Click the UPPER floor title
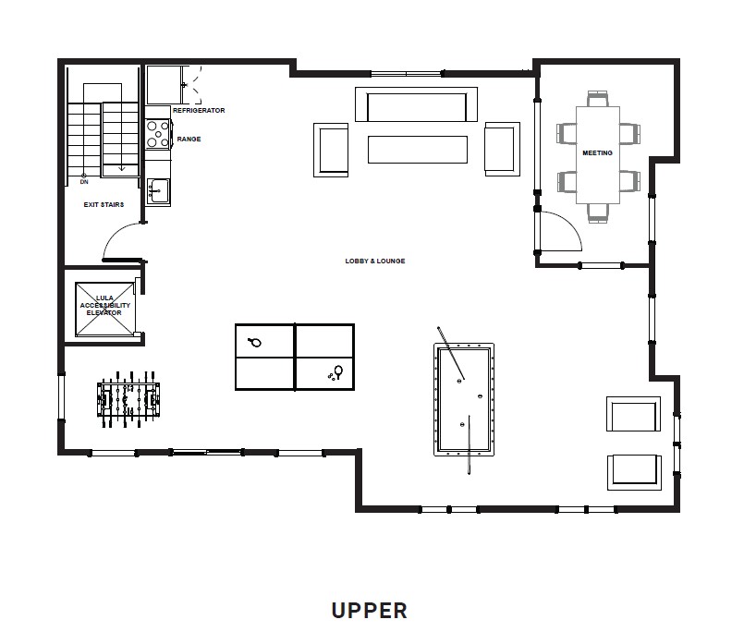pyautogui.click(x=369, y=611)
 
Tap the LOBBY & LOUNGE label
pyautogui.click(x=375, y=261)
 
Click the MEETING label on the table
pyautogui.click(x=597, y=152)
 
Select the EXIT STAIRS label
pyautogui.click(x=104, y=204)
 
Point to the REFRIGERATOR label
pyautogui.click(x=199, y=110)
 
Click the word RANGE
pyautogui.click(x=189, y=139)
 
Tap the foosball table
pyautogui.click(x=128, y=399)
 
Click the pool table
pyautogui.click(x=464, y=399)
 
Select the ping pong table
pyautogui.click(x=295, y=357)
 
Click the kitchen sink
pyautogui.click(x=158, y=191)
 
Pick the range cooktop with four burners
pyautogui.click(x=158, y=134)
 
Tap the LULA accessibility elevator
pyautogui.click(x=104, y=310)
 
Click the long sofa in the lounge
pyautogui.click(x=416, y=104)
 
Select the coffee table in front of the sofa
pyautogui.click(x=418, y=150)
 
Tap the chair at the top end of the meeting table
pyautogui.click(x=598, y=99)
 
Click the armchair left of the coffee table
pyautogui.click(x=331, y=150)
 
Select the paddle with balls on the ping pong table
pyautogui.click(x=335, y=372)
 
